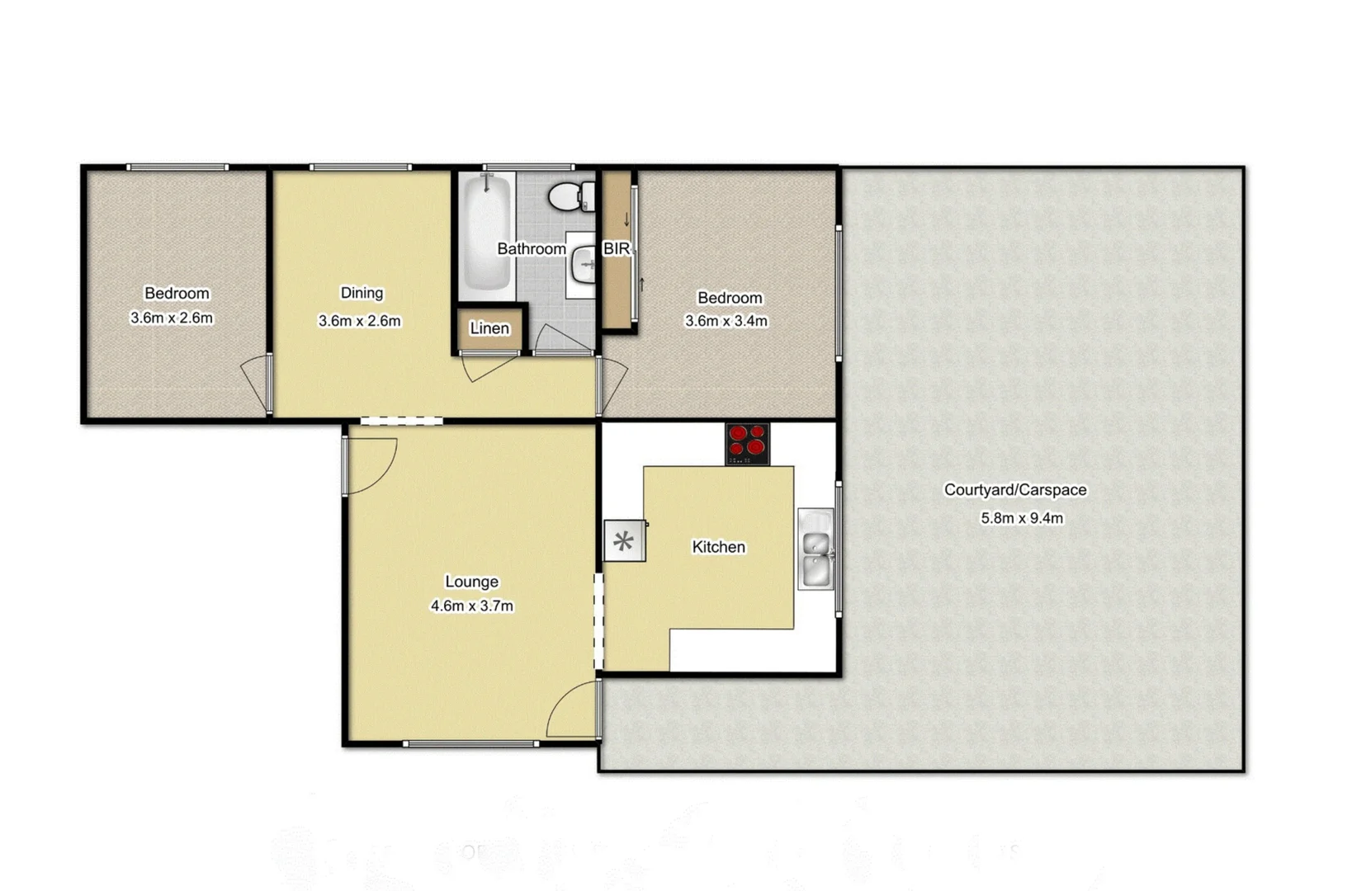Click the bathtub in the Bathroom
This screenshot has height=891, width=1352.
coord(487,235)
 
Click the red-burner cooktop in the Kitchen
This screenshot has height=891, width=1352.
coord(747,443)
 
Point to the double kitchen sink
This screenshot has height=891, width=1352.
coord(816,549)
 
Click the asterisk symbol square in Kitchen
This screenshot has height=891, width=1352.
coord(624,541)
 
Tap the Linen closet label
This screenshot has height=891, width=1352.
coord(489,328)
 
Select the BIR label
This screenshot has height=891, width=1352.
coord(617,248)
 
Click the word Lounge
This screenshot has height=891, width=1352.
coord(471,582)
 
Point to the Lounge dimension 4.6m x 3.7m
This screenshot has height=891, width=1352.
coord(471,606)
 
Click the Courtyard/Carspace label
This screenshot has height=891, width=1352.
coord(1014,490)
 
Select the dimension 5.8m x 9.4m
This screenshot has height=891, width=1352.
coord(1021,518)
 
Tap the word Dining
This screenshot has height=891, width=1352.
coord(362,293)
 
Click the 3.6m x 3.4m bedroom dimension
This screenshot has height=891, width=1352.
coord(726,321)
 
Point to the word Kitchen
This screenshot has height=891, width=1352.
coord(718,547)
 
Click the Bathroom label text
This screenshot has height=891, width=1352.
coord(532,248)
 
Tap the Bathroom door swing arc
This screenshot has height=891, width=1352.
coord(563,339)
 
